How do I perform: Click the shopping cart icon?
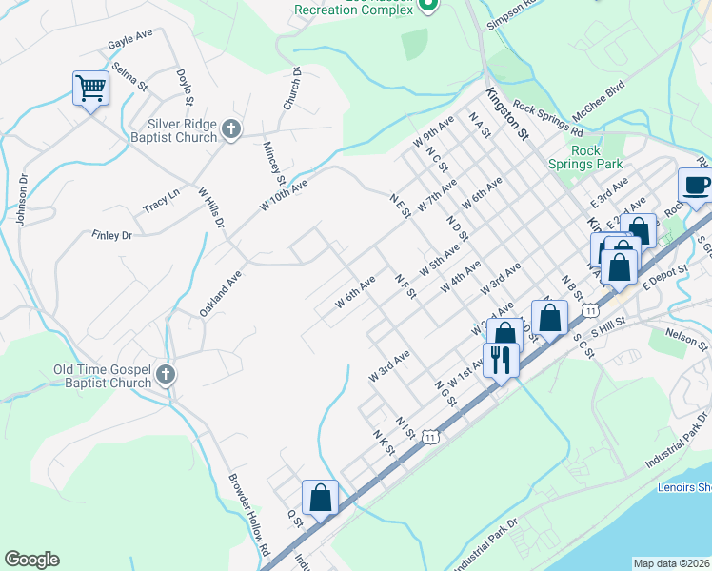91,89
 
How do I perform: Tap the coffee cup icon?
696,185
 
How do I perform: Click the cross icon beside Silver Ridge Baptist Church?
230,129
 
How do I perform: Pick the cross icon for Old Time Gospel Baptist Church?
167,375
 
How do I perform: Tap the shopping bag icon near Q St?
321,498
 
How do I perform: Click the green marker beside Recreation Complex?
427,7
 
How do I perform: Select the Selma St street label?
129,76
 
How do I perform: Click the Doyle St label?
186,87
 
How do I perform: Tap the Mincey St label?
274,163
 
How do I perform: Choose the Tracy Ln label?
161,202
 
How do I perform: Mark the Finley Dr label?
111,235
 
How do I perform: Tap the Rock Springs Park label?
597,158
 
